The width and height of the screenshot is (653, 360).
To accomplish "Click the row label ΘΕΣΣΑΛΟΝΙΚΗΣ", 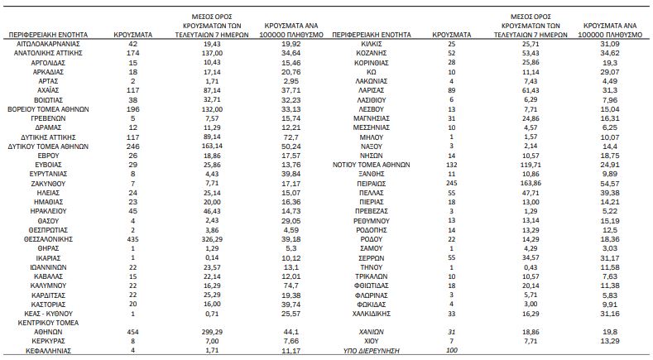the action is [x=48, y=239].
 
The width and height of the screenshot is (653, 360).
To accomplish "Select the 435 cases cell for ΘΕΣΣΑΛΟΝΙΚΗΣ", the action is [x=133, y=239].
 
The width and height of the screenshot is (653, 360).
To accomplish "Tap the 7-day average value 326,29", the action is [x=212, y=239].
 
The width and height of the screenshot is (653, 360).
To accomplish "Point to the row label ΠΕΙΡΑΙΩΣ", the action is [x=371, y=184].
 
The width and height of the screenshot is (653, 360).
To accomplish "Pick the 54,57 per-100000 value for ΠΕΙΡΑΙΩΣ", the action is [x=610, y=184].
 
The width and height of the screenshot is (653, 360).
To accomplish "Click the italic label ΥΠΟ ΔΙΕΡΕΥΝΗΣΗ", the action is [x=371, y=350].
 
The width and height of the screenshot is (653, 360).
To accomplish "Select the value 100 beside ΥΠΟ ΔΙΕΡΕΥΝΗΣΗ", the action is [x=451, y=350].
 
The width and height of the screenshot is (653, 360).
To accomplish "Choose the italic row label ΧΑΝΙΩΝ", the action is [x=371, y=332].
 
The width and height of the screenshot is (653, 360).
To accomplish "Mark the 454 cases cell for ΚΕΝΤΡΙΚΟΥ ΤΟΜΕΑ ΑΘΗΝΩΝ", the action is [x=133, y=332].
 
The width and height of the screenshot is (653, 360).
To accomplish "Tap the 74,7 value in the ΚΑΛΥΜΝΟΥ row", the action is [x=290, y=286].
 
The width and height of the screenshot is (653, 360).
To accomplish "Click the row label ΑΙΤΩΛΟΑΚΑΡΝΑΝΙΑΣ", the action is [x=48, y=44].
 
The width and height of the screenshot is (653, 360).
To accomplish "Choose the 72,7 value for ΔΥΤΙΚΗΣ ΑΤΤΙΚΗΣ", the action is [x=290, y=137].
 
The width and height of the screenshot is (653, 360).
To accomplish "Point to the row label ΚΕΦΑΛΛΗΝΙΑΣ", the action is [x=48, y=350].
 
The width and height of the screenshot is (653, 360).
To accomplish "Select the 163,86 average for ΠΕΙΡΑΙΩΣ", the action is [x=531, y=184].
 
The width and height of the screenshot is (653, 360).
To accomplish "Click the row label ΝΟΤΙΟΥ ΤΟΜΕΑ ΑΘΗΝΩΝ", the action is [x=371, y=165].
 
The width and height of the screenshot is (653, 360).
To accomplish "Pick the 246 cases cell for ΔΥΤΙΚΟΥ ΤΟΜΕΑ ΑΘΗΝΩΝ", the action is [x=133, y=146].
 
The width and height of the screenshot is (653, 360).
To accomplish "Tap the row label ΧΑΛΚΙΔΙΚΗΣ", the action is [x=371, y=314].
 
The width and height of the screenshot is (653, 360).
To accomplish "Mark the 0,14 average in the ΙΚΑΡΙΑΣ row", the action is [x=212, y=258].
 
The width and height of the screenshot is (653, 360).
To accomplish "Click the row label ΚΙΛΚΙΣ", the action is [x=371, y=44].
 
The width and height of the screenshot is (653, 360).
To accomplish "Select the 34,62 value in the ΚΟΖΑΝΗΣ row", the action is [x=610, y=53].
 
